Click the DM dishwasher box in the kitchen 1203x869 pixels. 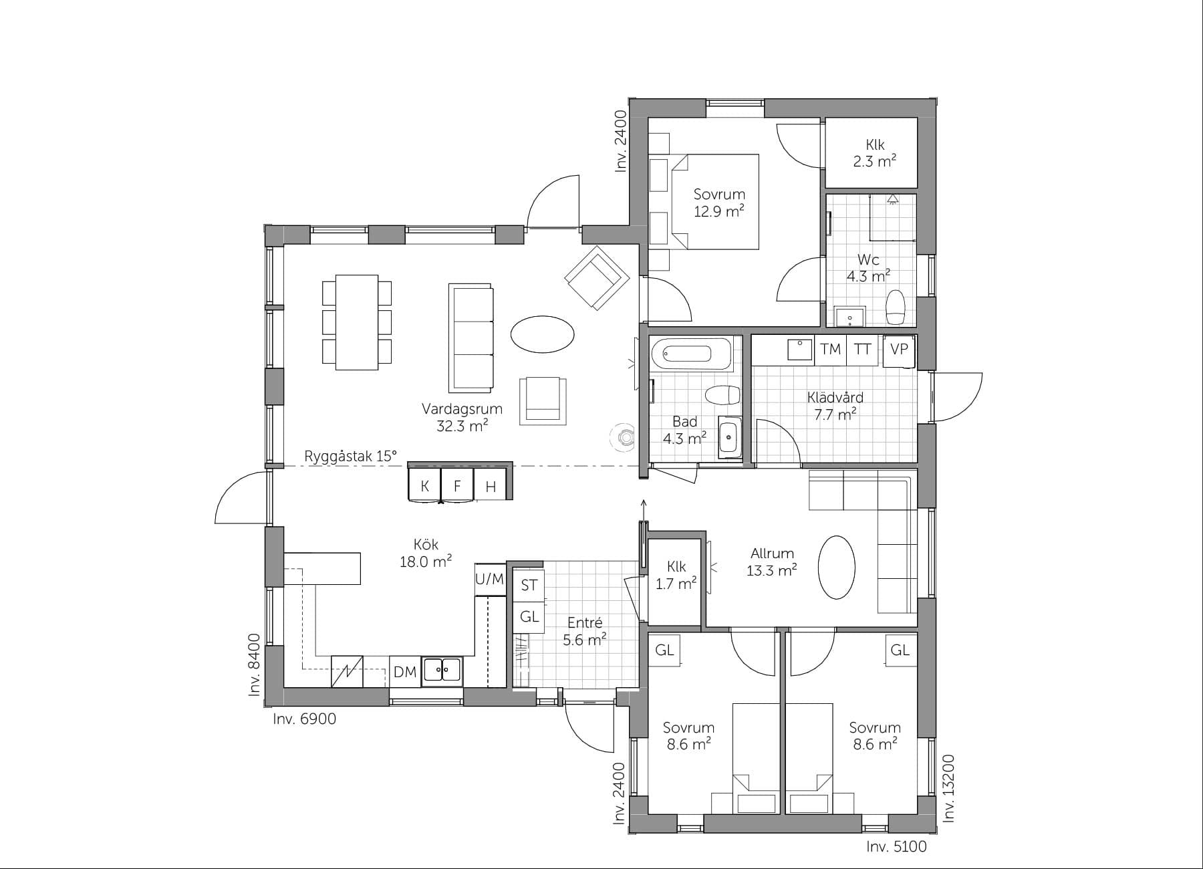[x=405, y=672]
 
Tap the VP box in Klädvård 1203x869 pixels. [x=899, y=349]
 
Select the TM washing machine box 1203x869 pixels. [x=830, y=349]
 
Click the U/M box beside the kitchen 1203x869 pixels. [x=489, y=579]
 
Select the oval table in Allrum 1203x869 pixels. [x=836, y=567]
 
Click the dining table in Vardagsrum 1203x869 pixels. [x=356, y=322]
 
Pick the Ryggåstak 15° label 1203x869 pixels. [x=350, y=456]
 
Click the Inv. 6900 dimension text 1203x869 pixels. [x=304, y=719]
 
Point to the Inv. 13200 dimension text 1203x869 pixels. [x=949, y=788]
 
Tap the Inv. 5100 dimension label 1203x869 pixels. [x=896, y=847]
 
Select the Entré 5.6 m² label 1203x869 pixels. [x=584, y=632]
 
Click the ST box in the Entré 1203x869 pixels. [x=529, y=586]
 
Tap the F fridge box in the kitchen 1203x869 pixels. [x=457, y=486]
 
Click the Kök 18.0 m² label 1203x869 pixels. [x=426, y=553]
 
